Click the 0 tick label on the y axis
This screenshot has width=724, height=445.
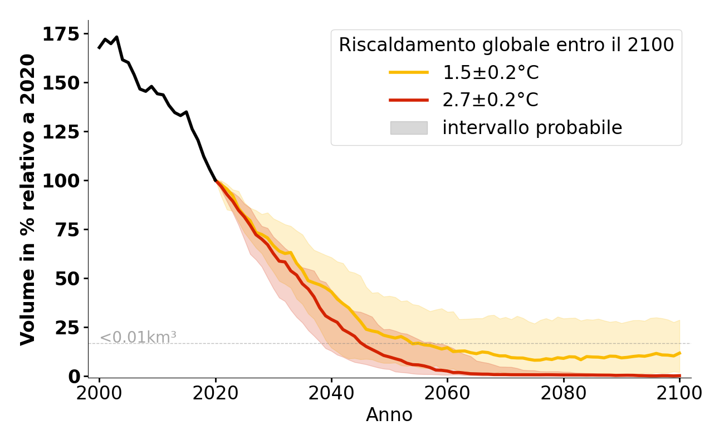click(74, 377)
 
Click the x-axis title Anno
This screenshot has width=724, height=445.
click(389, 415)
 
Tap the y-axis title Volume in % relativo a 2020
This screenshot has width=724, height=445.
click(28, 199)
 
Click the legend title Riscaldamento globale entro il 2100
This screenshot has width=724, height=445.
click(506, 45)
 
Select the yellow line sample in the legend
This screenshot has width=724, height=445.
click(409, 72)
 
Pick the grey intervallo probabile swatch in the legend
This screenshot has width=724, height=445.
click(409, 128)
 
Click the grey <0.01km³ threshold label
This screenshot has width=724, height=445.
click(138, 337)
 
